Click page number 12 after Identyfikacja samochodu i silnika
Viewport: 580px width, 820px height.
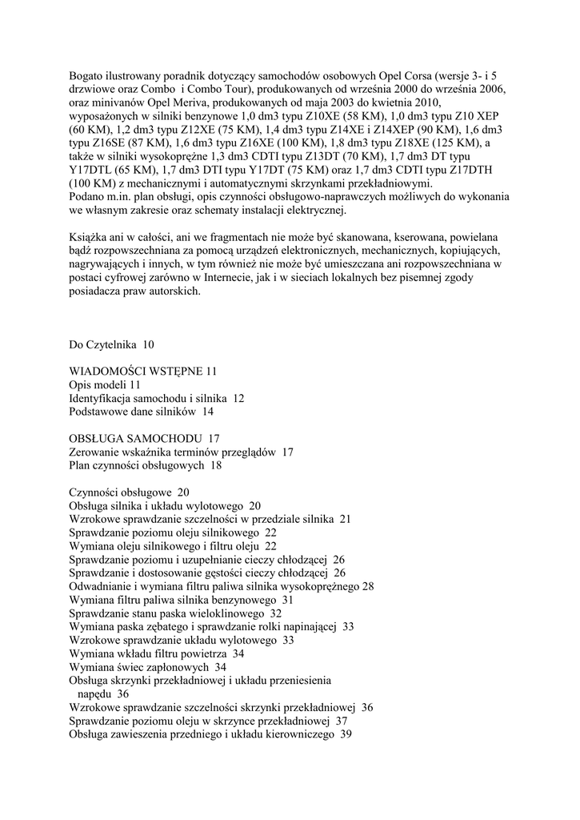click(238, 399)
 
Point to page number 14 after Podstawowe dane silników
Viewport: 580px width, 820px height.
click(208, 412)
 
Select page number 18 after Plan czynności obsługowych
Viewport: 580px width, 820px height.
click(216, 465)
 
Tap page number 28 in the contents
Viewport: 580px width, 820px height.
click(368, 586)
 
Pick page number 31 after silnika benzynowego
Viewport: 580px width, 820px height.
click(288, 600)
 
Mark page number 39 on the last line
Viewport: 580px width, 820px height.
click(346, 734)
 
